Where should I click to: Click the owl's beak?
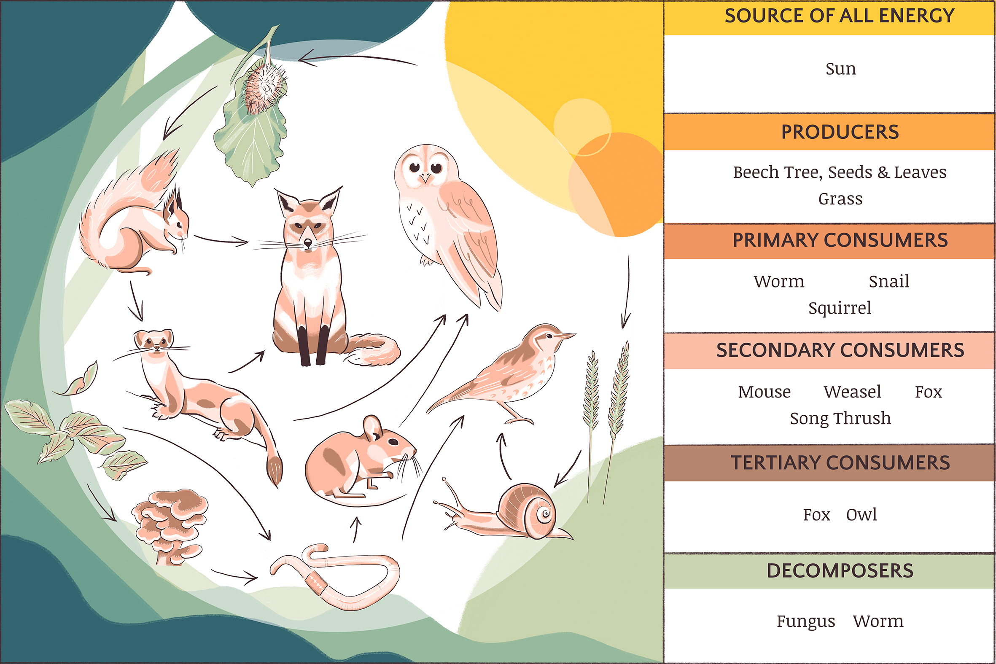point(425,179)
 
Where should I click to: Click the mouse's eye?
point(393,442)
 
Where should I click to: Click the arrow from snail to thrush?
point(504,455)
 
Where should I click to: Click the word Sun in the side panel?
point(840,69)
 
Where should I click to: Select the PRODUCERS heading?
point(840,132)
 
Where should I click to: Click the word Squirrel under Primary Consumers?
point(840,308)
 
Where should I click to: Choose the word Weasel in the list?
point(852,392)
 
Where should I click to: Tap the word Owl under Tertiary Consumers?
point(861,514)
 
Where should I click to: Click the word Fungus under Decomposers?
point(805,621)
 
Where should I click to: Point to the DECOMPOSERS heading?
point(840,570)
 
